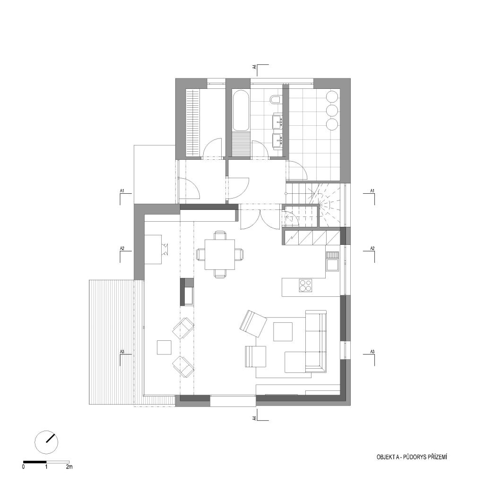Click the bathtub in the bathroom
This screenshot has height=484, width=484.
[241, 110]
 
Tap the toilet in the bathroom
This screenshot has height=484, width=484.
[275, 99]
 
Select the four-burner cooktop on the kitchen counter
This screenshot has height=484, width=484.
[305, 285]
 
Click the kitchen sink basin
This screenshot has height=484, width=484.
[332, 265]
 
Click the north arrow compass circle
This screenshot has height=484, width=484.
[47, 442]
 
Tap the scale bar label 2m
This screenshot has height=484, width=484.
[69, 467]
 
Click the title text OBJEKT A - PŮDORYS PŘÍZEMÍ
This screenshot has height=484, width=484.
[412, 457]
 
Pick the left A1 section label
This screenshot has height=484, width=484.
[122, 191]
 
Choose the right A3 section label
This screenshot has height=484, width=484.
[372, 352]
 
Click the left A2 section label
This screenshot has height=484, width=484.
[122, 248]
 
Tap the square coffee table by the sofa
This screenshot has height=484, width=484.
[283, 332]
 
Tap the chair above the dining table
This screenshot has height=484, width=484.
[220, 235]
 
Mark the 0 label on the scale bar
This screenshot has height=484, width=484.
[24, 467]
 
